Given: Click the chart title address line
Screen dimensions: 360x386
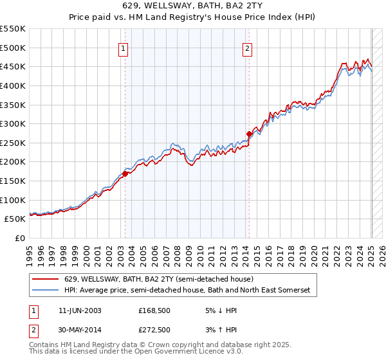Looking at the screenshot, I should pyautogui.click(x=193, y=6).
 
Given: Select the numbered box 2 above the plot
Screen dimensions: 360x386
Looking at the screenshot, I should pyautogui.click(x=248, y=47).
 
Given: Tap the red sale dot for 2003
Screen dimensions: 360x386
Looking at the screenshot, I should pyautogui.click(x=125, y=173).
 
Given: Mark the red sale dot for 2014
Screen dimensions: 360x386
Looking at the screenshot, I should pyautogui.click(x=249, y=134).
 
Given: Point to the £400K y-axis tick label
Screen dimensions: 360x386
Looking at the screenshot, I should pyautogui.click(x=13, y=85).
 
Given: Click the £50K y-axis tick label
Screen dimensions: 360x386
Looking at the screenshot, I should pyautogui.click(x=15, y=219).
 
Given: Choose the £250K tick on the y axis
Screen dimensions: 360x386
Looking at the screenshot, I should pyautogui.click(x=13, y=143).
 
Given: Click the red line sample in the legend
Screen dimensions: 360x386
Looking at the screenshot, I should pyautogui.click(x=46, y=279).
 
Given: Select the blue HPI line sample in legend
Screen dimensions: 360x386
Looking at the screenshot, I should pyautogui.click(x=46, y=291).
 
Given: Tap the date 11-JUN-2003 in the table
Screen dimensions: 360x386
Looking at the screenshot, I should pyautogui.click(x=80, y=310).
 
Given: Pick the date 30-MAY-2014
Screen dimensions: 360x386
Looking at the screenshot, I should pyautogui.click(x=80, y=330).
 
